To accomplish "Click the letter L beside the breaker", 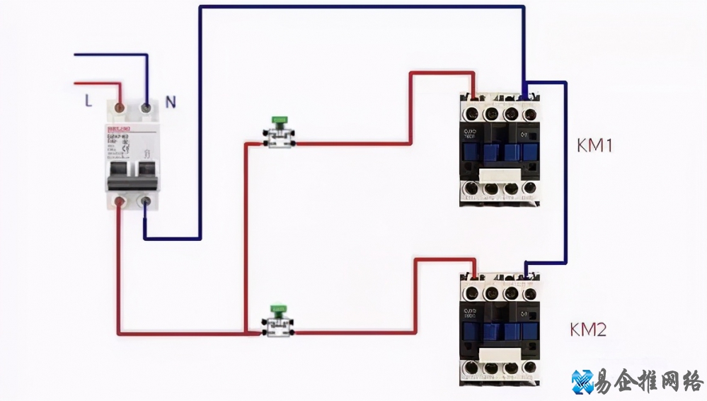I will point(88,101).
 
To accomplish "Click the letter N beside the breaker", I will point(170,101).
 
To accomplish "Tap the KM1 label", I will point(594,146).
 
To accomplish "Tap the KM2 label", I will point(588,329).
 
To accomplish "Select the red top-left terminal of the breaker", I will point(120,108).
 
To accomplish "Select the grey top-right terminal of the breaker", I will point(146,108).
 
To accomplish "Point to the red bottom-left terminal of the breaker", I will point(120,203).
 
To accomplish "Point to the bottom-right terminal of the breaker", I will point(146,203).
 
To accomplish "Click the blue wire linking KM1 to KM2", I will point(565,177).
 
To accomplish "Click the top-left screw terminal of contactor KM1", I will point(471,113).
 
